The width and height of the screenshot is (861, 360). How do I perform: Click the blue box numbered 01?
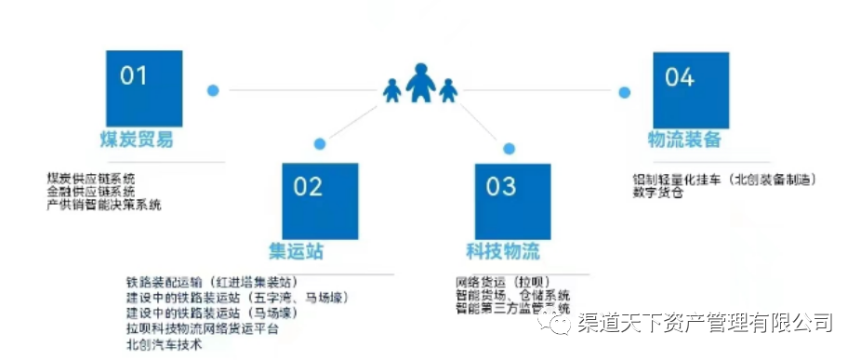coord(143,87)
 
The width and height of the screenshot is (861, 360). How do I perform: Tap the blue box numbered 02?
coord(320,200)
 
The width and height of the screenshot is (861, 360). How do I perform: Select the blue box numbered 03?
coord(511,200)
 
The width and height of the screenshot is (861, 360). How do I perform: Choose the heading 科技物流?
coord(503,252)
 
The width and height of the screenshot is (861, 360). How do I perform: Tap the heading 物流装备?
coord(684,140)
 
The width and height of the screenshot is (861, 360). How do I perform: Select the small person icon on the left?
coord(392,90)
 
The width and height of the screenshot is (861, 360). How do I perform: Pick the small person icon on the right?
coord(448,91)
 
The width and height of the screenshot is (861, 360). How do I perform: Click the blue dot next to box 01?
coord(213,90)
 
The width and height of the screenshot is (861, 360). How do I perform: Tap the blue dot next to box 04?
coord(625,91)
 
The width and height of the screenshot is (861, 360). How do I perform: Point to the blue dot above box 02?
coord(320,144)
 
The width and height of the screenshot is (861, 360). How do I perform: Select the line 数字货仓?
coord(658,193)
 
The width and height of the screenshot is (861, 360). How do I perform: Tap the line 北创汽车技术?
coord(164,345)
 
